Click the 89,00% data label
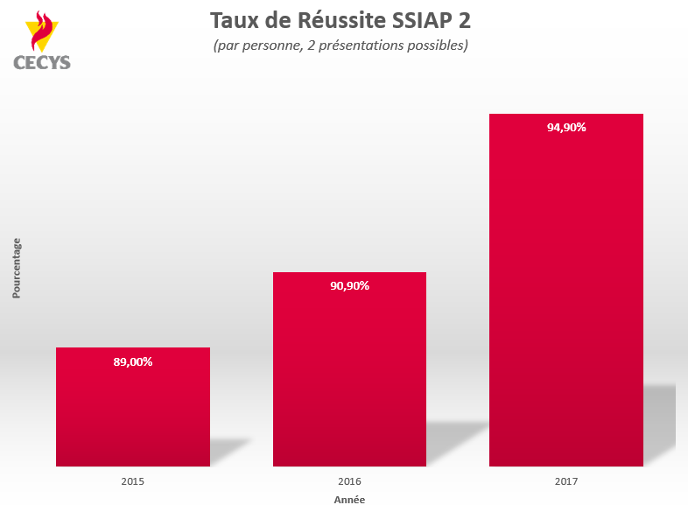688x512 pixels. [x=133, y=361]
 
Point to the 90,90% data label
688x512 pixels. [x=349, y=285]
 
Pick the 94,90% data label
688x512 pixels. [x=566, y=127]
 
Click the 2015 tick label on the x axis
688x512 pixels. [x=133, y=481]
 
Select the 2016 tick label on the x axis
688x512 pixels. [x=349, y=481]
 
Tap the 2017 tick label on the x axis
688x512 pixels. [x=566, y=481]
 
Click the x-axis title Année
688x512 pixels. [x=349, y=500]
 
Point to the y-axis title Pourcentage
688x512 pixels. [x=17, y=268]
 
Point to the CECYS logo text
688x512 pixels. [x=42, y=62]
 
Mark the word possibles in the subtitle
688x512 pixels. [x=438, y=46]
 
